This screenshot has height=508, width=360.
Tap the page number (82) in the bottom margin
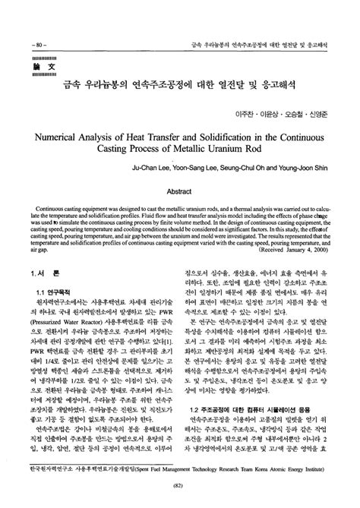click(x=180, y=497)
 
